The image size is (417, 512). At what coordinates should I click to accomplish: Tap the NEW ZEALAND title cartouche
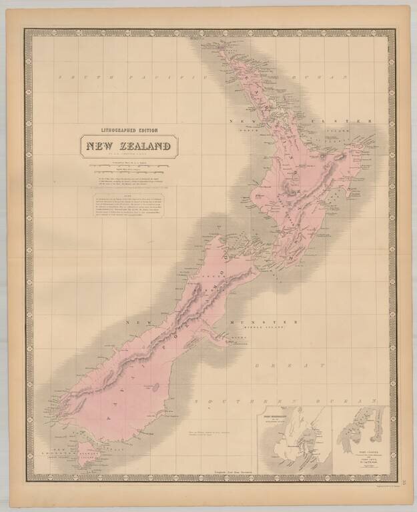126,145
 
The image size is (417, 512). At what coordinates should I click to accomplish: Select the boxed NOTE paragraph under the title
127,206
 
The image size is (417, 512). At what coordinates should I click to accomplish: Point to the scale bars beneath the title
126,167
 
